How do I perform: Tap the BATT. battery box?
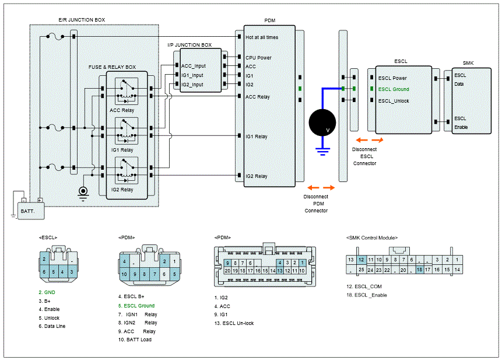tap(31, 210)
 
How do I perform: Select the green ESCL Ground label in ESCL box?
tap(394, 89)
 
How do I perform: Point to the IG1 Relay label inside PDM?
tap(257, 137)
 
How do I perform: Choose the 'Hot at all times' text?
tap(262, 37)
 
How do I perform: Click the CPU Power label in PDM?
tap(258, 58)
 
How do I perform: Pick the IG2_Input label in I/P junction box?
tap(193, 85)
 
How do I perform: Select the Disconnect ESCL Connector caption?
tap(364, 156)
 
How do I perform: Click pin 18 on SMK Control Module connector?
tap(419, 270)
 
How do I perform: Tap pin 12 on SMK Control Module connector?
tap(361, 259)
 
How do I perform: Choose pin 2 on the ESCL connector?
tap(45, 260)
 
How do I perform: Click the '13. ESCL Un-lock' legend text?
tap(234, 323)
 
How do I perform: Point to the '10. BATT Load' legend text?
tap(135, 340)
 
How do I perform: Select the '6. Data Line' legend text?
tap(52, 326)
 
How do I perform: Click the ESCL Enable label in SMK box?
tap(461, 123)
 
